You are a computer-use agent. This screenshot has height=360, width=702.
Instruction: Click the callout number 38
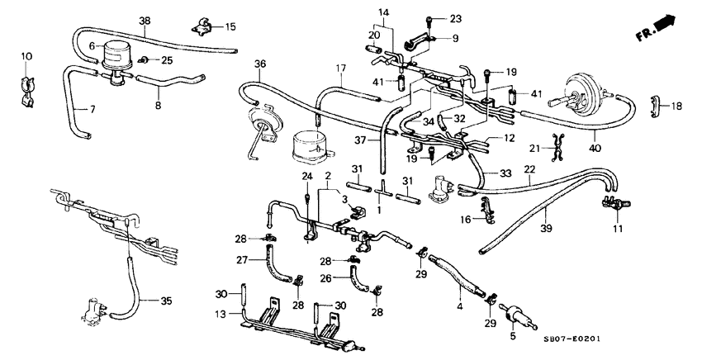[x=145, y=20]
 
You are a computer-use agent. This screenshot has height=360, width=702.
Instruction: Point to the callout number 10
[x=26, y=56]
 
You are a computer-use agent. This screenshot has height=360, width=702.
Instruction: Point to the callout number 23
[x=456, y=18]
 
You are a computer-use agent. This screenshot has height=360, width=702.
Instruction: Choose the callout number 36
[x=260, y=64]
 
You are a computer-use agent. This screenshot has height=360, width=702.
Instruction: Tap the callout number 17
[x=339, y=68]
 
